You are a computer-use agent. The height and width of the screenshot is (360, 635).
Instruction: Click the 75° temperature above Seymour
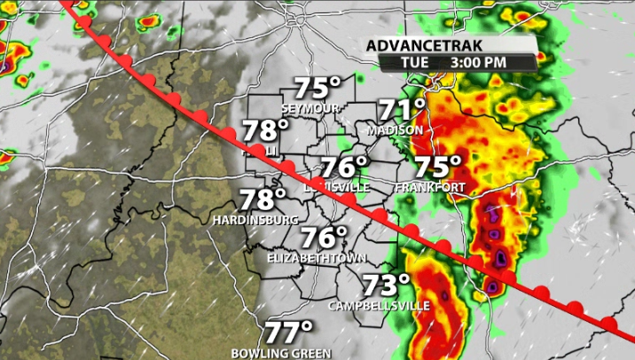[317, 89]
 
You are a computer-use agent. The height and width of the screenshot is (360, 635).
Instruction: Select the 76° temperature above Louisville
[343, 168]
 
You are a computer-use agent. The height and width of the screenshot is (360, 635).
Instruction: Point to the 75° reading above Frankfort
[439, 167]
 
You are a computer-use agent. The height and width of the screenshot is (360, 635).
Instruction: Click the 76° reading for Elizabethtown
[324, 239]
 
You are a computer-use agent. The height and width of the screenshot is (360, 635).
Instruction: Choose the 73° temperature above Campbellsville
[387, 286]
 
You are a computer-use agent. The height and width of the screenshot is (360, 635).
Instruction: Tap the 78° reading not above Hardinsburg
[266, 131]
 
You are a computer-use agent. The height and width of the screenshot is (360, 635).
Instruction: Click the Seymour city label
[311, 107]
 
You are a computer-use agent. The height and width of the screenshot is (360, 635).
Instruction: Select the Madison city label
[394, 130]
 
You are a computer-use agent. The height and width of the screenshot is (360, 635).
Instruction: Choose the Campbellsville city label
[379, 306]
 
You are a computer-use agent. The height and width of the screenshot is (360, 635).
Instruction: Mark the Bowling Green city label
[280, 353]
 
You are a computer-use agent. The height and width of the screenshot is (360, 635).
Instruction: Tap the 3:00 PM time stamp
[480, 62]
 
